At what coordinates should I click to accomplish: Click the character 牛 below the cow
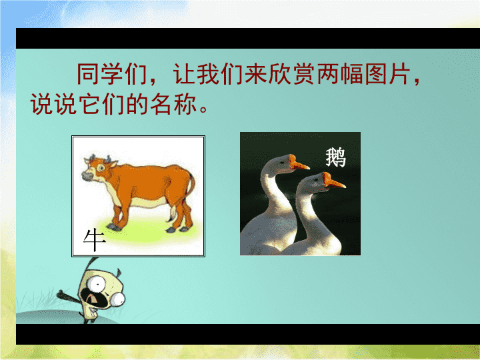pos(95,240)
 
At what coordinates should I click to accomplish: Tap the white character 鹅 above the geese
pos(336,157)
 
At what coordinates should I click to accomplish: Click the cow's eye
pos(101,168)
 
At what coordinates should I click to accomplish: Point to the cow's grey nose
pos(87,176)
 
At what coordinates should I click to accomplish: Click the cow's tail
pos(191,187)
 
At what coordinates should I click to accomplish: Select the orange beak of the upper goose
pos(298,163)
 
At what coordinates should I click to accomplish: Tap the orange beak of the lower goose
pos(333,181)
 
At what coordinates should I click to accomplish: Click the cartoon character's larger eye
pos(97,284)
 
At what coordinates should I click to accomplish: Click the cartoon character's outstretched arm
pos(69,296)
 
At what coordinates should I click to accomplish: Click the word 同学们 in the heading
pos(112,74)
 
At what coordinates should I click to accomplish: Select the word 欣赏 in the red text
pos(293,74)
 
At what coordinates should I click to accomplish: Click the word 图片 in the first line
pos(387,74)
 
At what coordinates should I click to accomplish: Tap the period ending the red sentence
pos(203,109)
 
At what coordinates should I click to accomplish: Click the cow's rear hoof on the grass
pos(184,229)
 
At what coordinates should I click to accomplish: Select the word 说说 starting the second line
pos(53,104)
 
